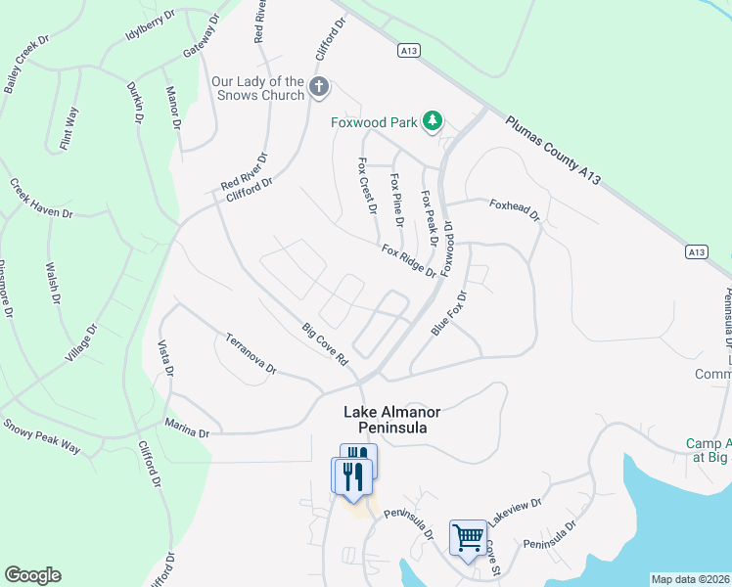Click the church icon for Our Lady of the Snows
click(x=318, y=88)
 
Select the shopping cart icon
click(x=468, y=536)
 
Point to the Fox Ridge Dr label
click(x=408, y=260)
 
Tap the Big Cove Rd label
click(x=325, y=344)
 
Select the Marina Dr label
click(x=188, y=428)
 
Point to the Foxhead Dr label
click(x=515, y=210)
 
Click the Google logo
click(x=32, y=575)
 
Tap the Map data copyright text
click(x=690, y=579)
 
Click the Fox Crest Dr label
click(x=368, y=186)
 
